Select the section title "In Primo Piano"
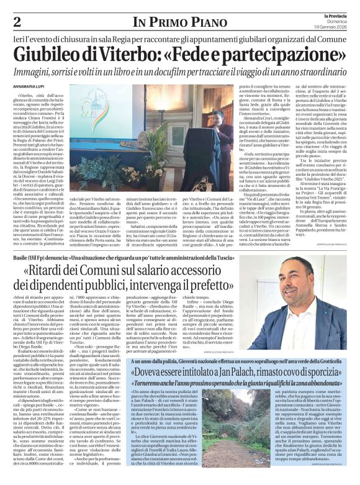[x=179, y=23]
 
